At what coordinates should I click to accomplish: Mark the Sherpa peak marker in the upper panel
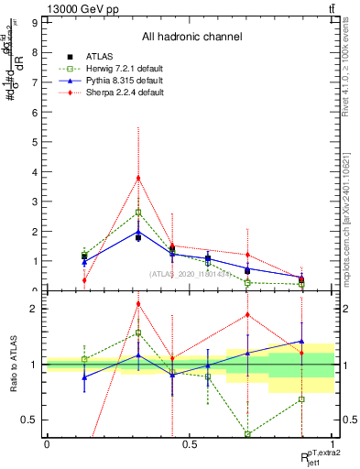137,178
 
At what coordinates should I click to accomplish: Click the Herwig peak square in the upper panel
137,212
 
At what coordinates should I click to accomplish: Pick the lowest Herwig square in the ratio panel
248,434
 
